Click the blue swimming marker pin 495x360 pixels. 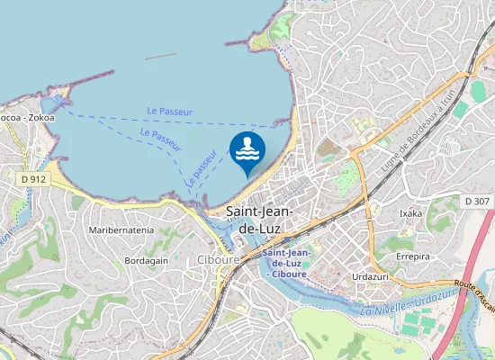247,151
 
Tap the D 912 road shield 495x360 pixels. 32,179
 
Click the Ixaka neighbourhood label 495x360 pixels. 410,213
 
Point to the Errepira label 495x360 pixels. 415,256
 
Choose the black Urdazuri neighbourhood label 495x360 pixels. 371,276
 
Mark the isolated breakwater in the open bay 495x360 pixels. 161,56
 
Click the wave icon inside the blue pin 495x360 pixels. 247,148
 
